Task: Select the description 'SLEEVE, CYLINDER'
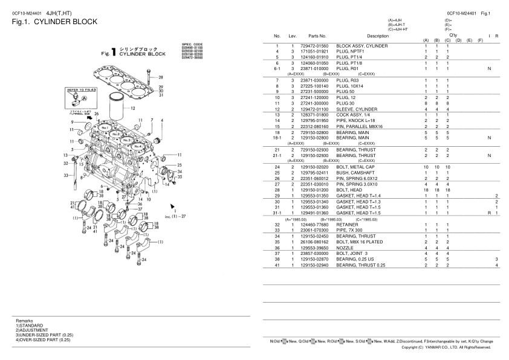[x=355, y=109]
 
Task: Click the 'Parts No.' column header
[x=317, y=36]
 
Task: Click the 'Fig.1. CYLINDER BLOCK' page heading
[x=54, y=22]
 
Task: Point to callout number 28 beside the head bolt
[x=160, y=77]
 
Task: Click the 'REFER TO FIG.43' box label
[x=79, y=89]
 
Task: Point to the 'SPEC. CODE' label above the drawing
[x=193, y=44]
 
